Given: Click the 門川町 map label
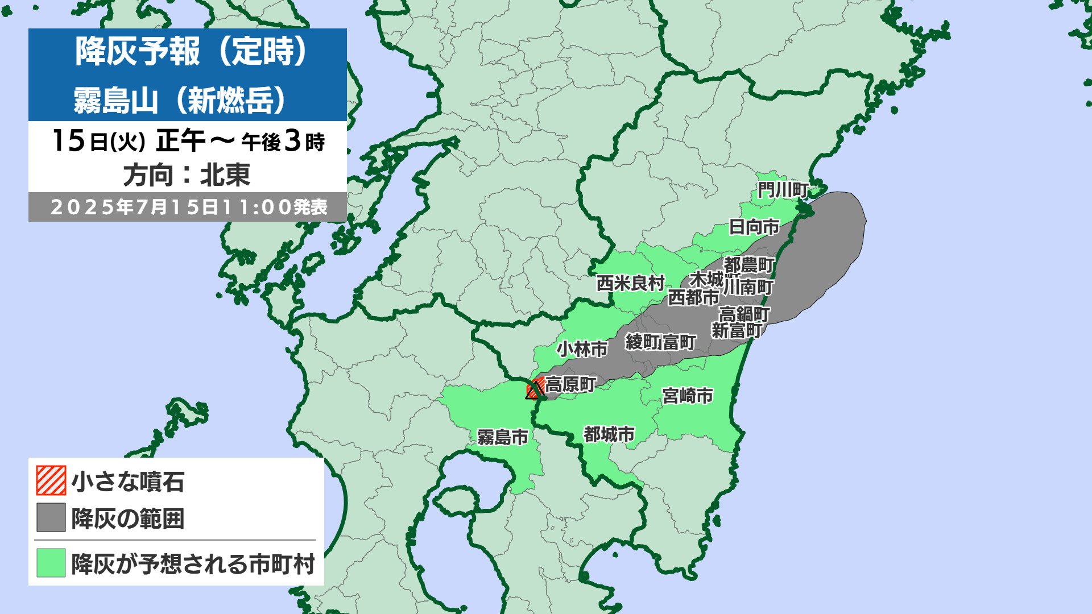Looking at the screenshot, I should [783, 190].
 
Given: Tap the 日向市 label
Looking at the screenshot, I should [754, 227].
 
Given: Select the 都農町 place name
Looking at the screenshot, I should [749, 265].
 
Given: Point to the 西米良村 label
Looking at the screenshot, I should [630, 283].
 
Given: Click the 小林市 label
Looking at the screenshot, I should [582, 349].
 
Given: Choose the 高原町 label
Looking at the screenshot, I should [570, 385].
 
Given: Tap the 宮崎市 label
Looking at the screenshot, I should [688, 395].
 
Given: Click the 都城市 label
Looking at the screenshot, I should [609, 434].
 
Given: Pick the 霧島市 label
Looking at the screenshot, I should [503, 437].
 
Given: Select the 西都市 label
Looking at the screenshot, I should [693, 297].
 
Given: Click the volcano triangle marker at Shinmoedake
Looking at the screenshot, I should [533, 391].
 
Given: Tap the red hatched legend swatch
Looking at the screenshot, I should [51, 481].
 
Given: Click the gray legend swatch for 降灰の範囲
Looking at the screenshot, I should [51, 517].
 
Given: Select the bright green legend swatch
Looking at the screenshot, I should [51, 563].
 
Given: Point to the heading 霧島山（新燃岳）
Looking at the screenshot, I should [180, 101].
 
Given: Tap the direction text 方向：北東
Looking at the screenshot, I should [187, 175].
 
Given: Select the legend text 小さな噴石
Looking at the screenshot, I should [128, 482].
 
